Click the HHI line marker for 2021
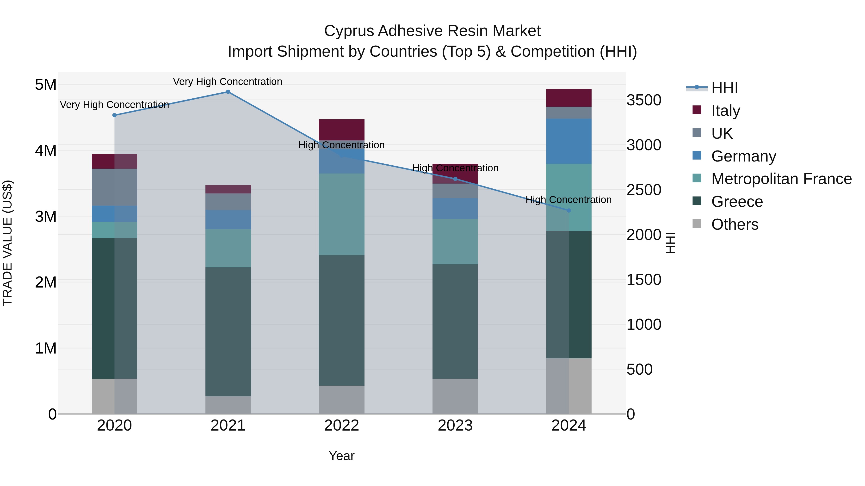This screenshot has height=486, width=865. pos(228,92)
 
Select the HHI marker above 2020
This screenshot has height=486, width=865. pos(115,115)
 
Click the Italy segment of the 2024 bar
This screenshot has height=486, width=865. pos(568,98)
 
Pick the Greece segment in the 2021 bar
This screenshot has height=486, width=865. pos(228,331)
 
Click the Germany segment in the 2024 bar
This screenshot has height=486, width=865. pos(568,141)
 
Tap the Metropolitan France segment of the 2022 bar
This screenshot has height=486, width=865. pos(341,214)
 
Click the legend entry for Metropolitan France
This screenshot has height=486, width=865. pos(781,179)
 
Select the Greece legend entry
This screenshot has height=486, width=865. pos(737,202)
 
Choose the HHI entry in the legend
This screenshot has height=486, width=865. pos(724,88)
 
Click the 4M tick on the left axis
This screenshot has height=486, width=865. pos(46,150)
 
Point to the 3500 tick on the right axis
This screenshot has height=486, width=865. pos(644,100)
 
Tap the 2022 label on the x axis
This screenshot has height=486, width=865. pos(341,426)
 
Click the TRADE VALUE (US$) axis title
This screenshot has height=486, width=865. pos(7,243)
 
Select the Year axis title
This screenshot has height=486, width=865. pos(341,456)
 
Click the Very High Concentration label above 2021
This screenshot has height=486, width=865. pos(228,82)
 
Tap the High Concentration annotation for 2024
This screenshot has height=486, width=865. pos(568,200)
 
